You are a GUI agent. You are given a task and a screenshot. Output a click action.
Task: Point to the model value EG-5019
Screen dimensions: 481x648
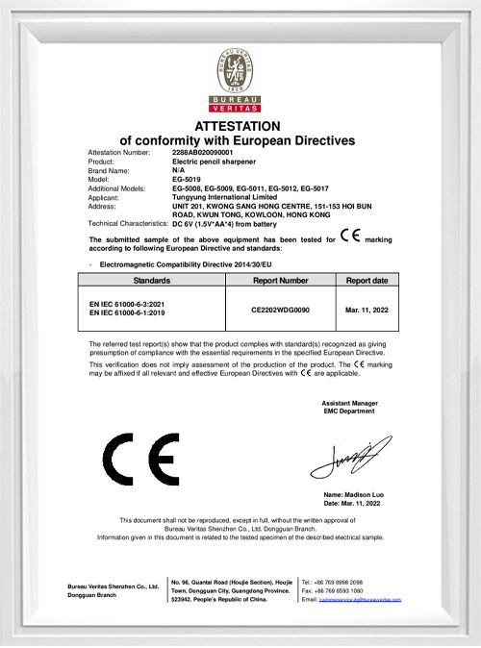(187, 180)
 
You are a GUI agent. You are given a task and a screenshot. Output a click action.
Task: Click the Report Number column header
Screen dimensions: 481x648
(281, 280)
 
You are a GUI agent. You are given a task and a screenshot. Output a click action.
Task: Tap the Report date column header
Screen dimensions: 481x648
(367, 280)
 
